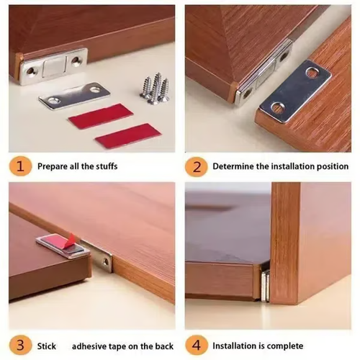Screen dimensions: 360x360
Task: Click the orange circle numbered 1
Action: (20, 166)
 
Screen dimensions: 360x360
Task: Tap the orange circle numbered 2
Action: (195, 166)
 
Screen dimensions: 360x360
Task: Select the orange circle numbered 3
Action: (20, 345)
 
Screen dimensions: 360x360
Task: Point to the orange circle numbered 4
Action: (195, 345)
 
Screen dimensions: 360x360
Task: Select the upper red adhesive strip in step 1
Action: (101, 116)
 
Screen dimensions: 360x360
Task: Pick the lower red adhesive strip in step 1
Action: (127, 136)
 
